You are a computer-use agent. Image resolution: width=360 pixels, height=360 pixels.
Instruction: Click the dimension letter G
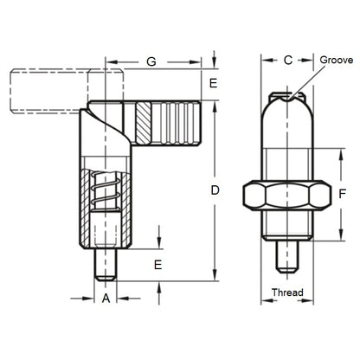pyautogui.click(x=152, y=62)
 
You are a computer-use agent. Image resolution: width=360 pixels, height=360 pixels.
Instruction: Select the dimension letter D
pyautogui.click(x=216, y=188)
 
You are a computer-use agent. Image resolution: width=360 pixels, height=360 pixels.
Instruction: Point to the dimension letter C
pyautogui.click(x=288, y=61)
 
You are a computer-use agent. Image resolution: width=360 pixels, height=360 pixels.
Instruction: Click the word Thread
pyautogui.click(x=287, y=292)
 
